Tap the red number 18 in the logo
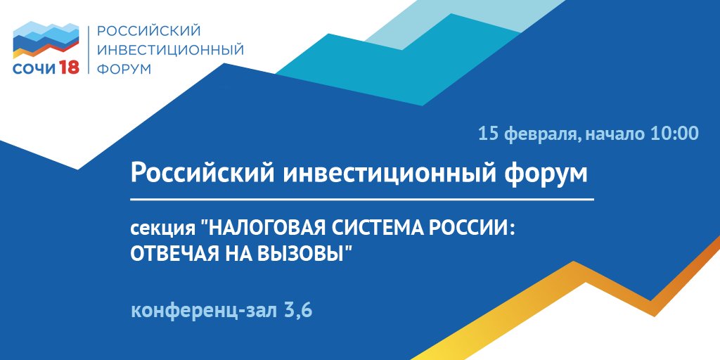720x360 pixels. [69, 67]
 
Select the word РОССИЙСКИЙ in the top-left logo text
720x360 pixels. [149, 31]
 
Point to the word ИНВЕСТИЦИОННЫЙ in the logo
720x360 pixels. [170, 50]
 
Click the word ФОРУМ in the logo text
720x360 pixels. [123, 69]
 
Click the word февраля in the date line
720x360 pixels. [539, 133]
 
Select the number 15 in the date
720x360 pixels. [487, 133]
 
